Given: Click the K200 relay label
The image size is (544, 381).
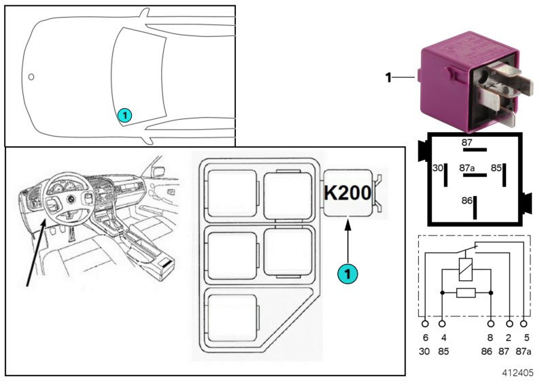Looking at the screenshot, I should (x=347, y=193).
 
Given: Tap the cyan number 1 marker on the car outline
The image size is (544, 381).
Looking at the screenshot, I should (x=124, y=116).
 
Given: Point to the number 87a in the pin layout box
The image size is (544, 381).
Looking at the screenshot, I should (x=466, y=167).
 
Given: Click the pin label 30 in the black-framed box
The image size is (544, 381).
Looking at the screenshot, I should (x=437, y=167).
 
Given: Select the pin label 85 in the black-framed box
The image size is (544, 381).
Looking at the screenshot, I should (x=497, y=167).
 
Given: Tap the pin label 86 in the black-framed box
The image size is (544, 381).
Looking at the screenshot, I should (x=466, y=201).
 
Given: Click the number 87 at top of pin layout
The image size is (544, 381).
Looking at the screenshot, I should (x=466, y=143).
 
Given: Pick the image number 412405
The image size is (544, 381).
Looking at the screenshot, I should (x=519, y=373).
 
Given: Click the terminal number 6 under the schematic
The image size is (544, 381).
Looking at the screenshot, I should (x=426, y=337).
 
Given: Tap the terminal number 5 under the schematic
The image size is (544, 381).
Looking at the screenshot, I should (x=524, y=337).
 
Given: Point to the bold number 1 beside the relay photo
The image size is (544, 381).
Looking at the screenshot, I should (x=388, y=78).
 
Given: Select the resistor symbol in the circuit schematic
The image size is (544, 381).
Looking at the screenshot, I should (x=466, y=293).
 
